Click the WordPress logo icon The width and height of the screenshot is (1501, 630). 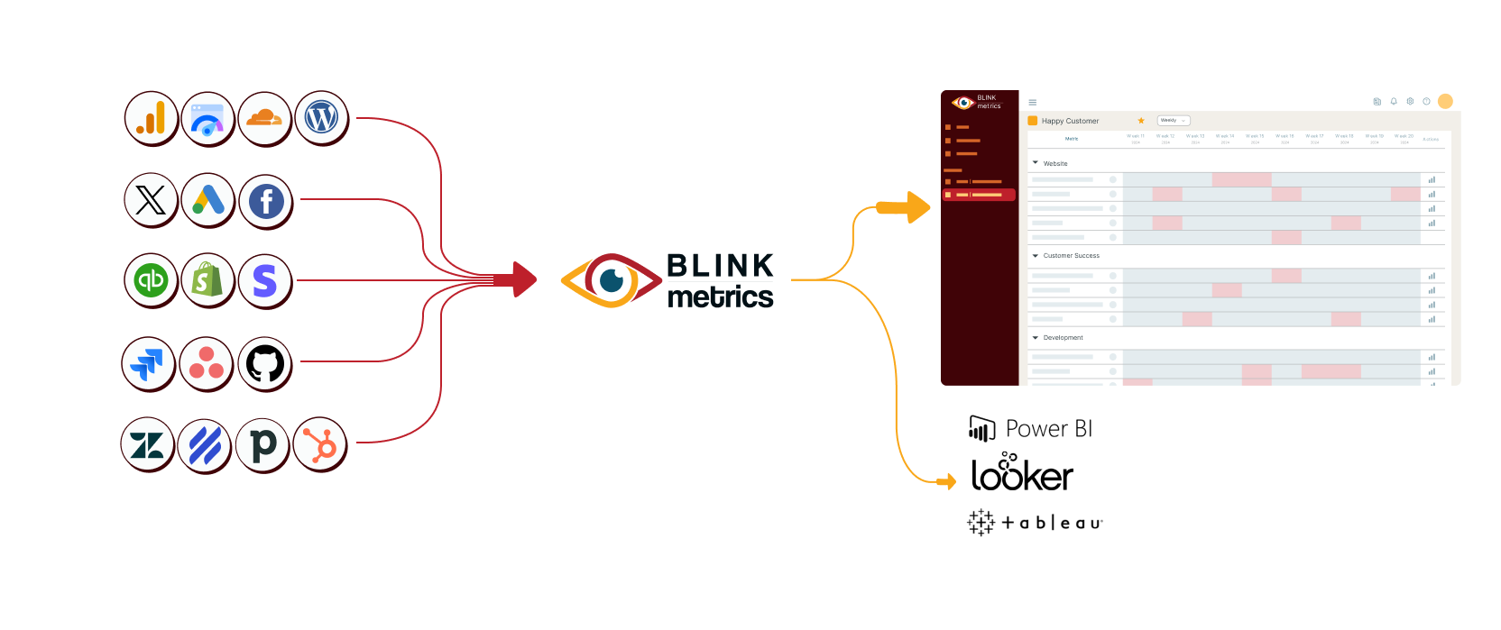[321, 118]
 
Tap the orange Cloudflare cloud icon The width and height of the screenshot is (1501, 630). [264, 118]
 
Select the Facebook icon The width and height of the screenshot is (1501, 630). [266, 201]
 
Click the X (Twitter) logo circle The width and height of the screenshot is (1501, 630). [151, 200]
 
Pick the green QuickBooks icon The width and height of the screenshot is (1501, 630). [151, 280]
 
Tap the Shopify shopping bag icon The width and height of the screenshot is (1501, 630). [207, 280]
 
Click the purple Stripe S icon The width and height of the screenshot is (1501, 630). [265, 280]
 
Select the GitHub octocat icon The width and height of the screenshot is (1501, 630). [265, 363]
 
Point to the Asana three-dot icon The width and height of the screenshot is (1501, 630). [207, 363]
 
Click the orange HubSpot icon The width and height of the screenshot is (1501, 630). [320, 444]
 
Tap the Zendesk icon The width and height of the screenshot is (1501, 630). [147, 444]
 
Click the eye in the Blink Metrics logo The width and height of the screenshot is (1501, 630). [611, 280]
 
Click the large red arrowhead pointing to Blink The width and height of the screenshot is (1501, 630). [522, 279]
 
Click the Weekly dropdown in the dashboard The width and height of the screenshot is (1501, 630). [1173, 121]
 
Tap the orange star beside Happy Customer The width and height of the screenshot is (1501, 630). [1141, 121]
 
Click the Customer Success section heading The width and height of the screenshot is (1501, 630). [1071, 256]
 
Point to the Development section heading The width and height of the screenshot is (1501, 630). [1063, 338]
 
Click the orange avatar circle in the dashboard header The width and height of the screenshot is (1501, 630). [1445, 102]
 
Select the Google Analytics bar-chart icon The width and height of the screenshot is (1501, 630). [151, 118]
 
